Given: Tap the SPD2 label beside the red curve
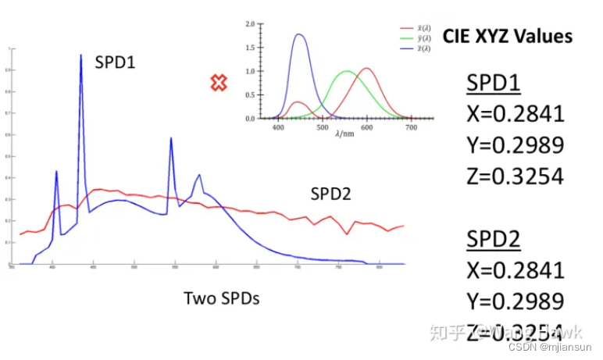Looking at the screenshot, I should tap(331, 194).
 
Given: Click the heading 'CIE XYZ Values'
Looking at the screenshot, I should tap(507, 36).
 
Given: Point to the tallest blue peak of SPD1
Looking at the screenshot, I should tap(80, 56).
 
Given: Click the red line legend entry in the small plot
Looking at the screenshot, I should tap(409, 27).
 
